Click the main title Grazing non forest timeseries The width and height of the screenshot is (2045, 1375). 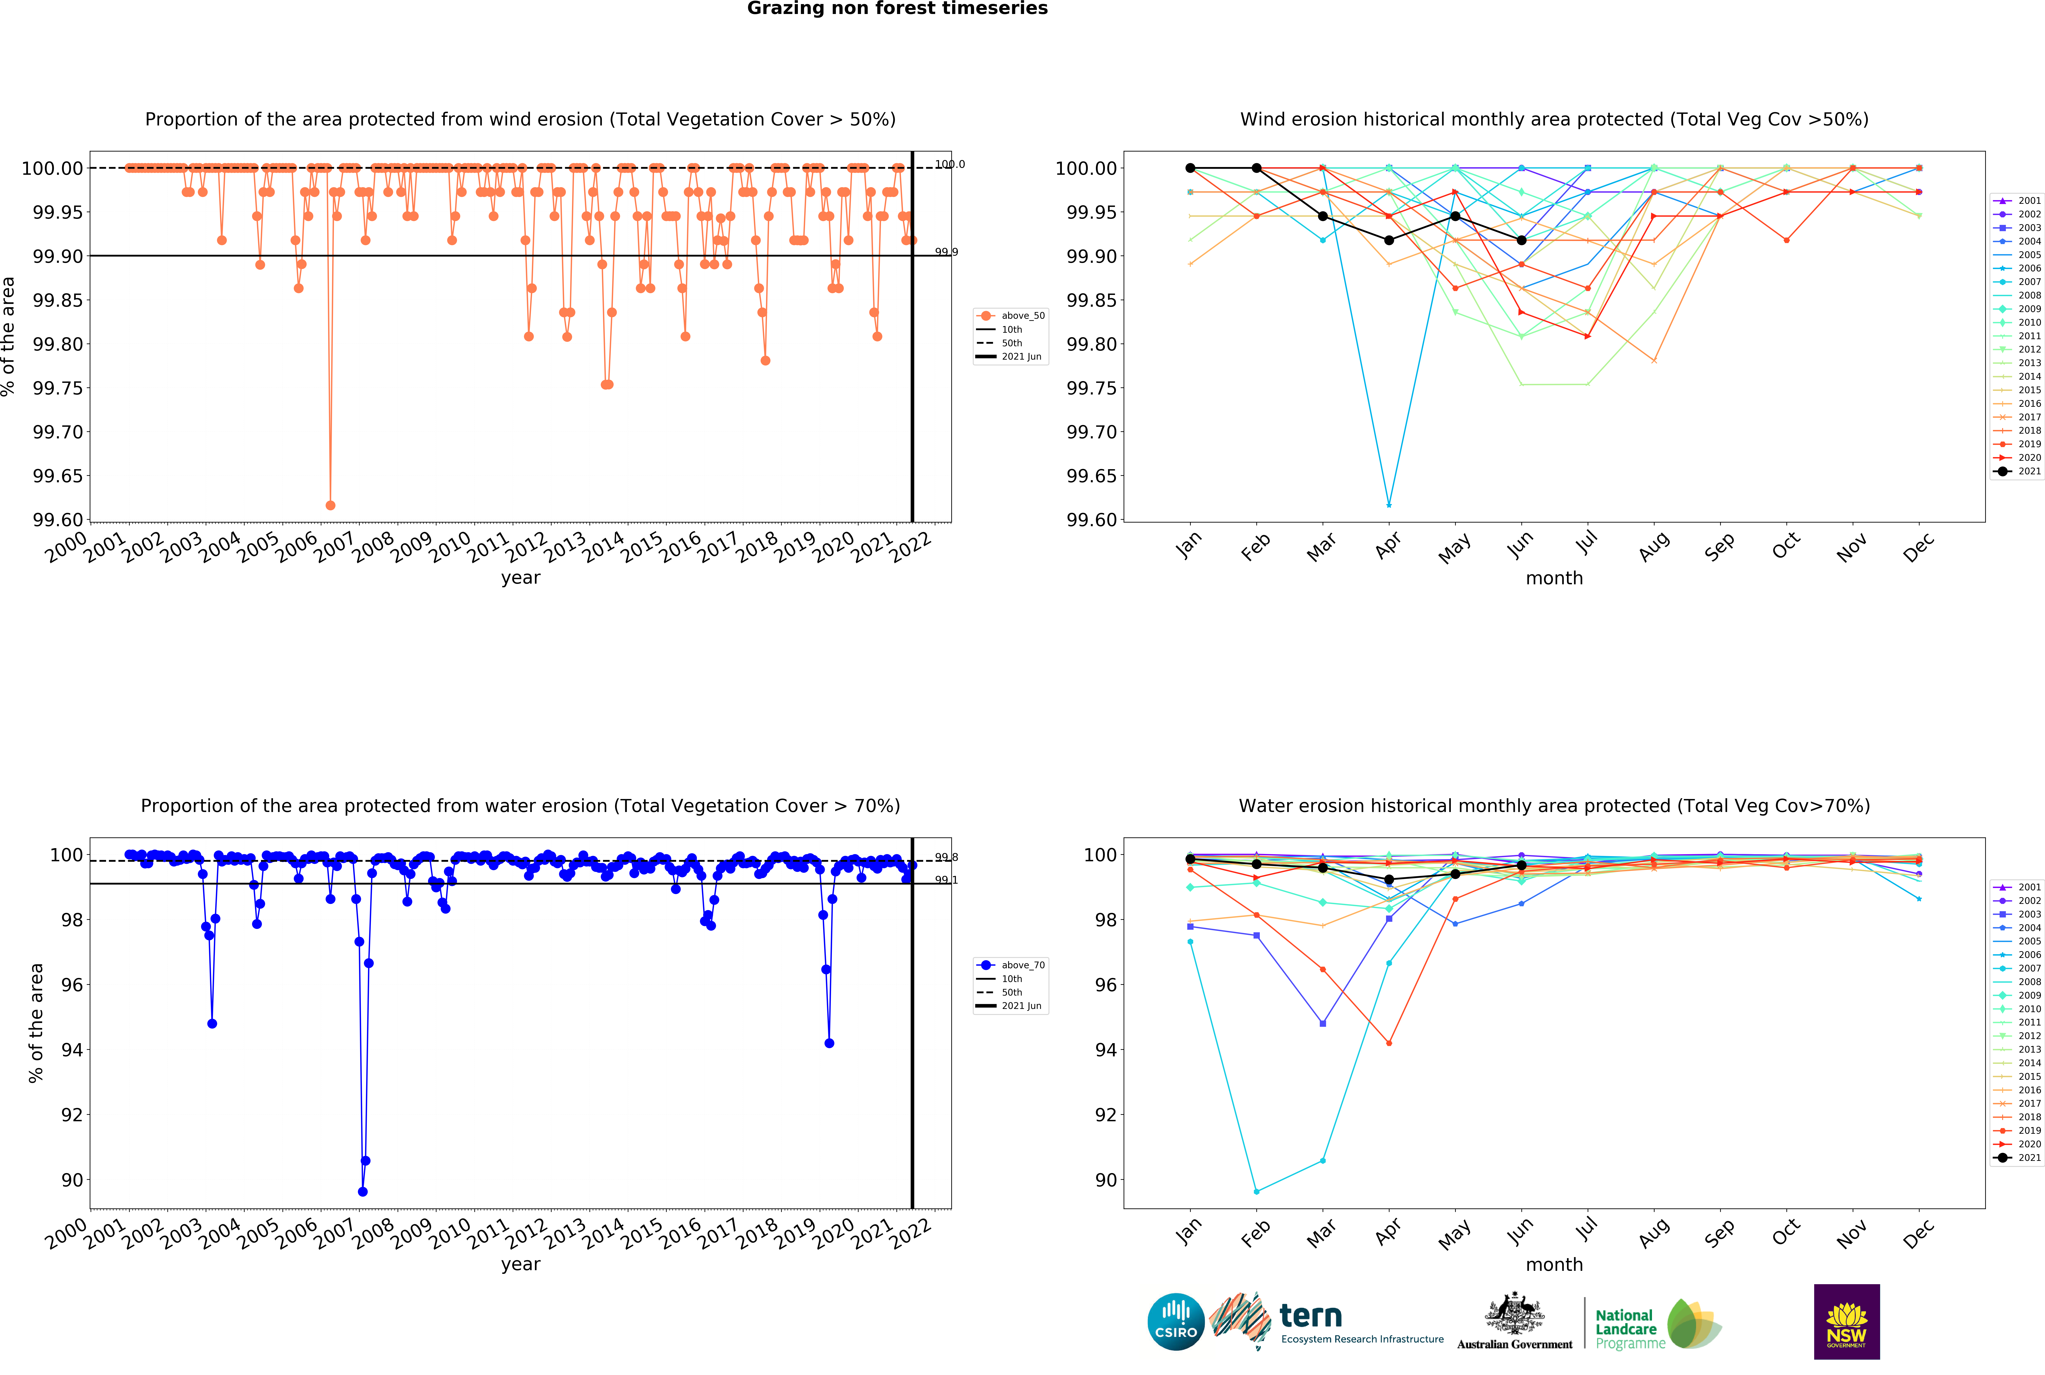pos(897,9)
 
